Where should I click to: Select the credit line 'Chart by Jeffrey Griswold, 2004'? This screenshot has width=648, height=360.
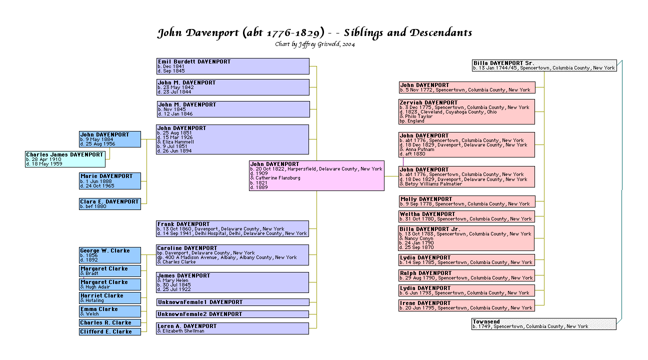click(x=315, y=44)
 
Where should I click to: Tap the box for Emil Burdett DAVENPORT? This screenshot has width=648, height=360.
click(x=232, y=66)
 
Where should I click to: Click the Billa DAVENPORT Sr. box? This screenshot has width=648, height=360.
click(x=544, y=65)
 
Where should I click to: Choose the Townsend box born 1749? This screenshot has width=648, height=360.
click(x=544, y=324)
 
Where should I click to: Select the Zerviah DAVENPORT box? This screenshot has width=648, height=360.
click(x=466, y=111)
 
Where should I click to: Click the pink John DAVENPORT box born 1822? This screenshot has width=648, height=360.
click(x=316, y=175)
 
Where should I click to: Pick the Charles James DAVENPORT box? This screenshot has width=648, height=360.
click(x=65, y=159)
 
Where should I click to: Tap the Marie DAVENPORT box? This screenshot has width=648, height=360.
click(x=110, y=181)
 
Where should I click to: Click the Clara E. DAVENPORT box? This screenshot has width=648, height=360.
click(x=110, y=204)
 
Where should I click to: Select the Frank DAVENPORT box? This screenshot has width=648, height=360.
click(x=232, y=228)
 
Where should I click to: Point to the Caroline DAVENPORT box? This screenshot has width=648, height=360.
click(x=232, y=255)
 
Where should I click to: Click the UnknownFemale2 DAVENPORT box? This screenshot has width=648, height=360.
click(x=232, y=314)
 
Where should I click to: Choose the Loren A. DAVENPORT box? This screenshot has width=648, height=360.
click(x=232, y=328)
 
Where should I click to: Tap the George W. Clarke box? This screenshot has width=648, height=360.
click(x=110, y=255)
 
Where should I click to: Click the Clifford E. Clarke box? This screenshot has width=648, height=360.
click(x=110, y=331)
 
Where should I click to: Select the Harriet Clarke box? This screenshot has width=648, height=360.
click(x=110, y=298)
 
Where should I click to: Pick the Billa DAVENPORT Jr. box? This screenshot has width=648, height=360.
click(x=466, y=238)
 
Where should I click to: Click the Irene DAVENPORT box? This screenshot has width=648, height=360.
click(x=466, y=305)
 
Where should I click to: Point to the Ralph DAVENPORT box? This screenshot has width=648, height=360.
click(x=466, y=275)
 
